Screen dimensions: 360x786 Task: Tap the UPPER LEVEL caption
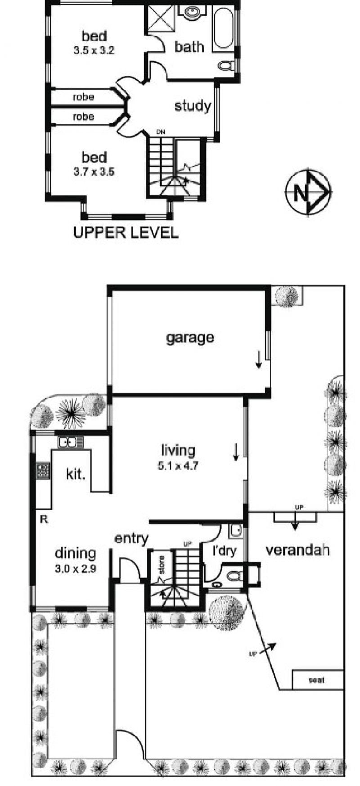pyautogui.click(x=126, y=232)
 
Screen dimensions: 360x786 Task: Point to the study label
pyautogui.click(x=193, y=106)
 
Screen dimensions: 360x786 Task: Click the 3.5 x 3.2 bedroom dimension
pyautogui.click(x=94, y=51)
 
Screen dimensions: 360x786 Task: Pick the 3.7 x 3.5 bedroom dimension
pyautogui.click(x=94, y=172)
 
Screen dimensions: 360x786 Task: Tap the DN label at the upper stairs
pyautogui.click(x=161, y=132)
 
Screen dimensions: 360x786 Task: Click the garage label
pyautogui.click(x=190, y=338)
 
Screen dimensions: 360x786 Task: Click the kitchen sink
pyautogui.click(x=71, y=442)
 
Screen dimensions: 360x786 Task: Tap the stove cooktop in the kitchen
pyautogui.click(x=43, y=471)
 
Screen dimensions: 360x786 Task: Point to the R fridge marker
pyautogui.click(x=44, y=519)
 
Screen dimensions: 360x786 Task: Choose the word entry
pyautogui.click(x=131, y=539)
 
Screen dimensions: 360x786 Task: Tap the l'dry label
pyautogui.click(x=224, y=551)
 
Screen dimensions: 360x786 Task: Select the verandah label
pyautogui.click(x=298, y=550)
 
